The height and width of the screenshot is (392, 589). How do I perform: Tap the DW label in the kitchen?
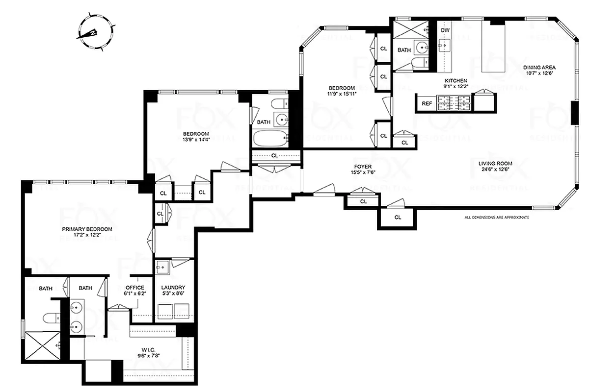coord(445,30)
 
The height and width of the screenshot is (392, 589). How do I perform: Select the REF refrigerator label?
coord(427,103)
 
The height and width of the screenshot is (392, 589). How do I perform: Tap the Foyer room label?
coord(363,166)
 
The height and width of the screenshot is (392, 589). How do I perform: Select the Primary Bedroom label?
coord(87,229)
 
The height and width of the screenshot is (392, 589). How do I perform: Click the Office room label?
coord(134,288)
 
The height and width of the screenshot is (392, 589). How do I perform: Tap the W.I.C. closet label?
coord(148,350)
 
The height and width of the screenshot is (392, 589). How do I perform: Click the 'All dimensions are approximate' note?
coord(497,217)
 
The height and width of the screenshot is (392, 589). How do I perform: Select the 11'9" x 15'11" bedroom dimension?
coord(342,94)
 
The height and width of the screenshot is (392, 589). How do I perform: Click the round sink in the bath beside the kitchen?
coord(421,48)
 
